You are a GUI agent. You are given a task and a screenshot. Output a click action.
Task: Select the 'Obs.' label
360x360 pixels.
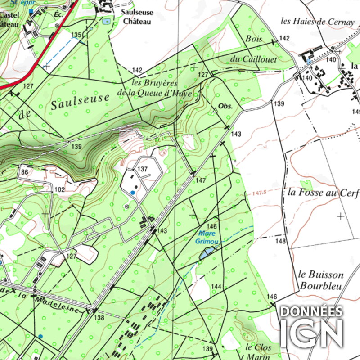click(225, 107)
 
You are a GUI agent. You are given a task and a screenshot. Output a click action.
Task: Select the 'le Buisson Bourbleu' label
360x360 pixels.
click(321, 280)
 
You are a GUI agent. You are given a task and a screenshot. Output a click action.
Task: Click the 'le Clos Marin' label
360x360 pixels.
click(256, 351)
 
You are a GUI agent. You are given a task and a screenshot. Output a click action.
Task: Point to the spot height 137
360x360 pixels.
click(143, 169)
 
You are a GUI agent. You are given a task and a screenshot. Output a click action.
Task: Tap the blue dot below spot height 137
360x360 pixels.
click(132, 193)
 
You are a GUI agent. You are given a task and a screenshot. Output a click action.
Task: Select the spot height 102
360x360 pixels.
click(59, 190)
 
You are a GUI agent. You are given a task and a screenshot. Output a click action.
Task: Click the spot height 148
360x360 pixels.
click(281, 241)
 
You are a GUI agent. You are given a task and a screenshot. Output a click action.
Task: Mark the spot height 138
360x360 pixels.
click(99, 318)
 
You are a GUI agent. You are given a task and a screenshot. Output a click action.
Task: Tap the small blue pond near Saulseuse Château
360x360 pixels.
click(106, 21)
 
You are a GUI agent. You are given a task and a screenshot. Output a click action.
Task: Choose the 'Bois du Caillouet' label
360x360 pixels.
click(261, 49)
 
